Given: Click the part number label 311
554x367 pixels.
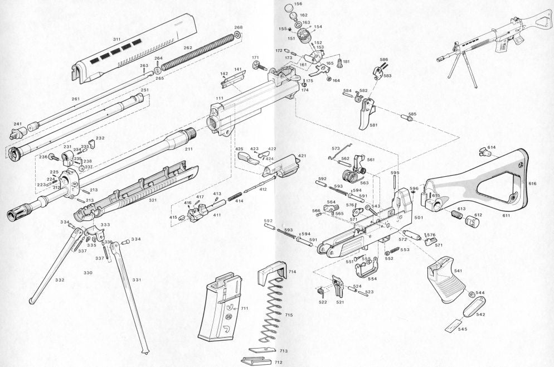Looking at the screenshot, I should pyautogui.click(x=116, y=40).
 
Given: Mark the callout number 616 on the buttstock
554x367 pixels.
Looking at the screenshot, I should pyautogui.click(x=532, y=183).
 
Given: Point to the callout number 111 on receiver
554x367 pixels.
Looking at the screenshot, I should pyautogui.click(x=220, y=98).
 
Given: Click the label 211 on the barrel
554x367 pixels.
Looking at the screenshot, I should pyautogui.click(x=189, y=149).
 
